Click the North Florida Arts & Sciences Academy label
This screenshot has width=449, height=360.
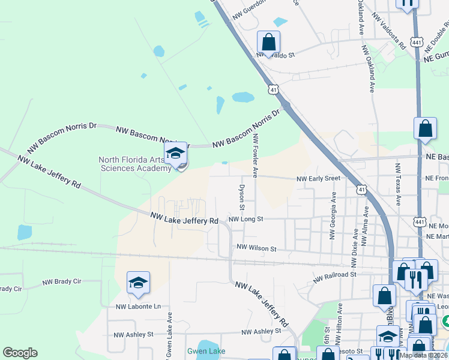tap(135, 164)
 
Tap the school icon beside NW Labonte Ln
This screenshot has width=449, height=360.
tap(138, 283)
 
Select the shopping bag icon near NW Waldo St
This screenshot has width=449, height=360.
tap(268, 42)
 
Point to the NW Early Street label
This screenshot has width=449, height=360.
tap(319, 178)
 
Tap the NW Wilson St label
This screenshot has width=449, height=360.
tap(256, 248)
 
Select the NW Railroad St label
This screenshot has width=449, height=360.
tap(335, 274)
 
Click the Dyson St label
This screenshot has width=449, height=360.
tap(243, 197)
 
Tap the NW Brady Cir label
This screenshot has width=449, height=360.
tap(62, 281)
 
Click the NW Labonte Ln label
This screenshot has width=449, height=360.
tap(139, 307)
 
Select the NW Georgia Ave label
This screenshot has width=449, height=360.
tap(333, 215)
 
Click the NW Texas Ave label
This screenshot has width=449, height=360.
tap(397, 184)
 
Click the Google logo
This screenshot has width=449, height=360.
tap(20, 352)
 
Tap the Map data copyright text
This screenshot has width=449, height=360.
tap(424, 355)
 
